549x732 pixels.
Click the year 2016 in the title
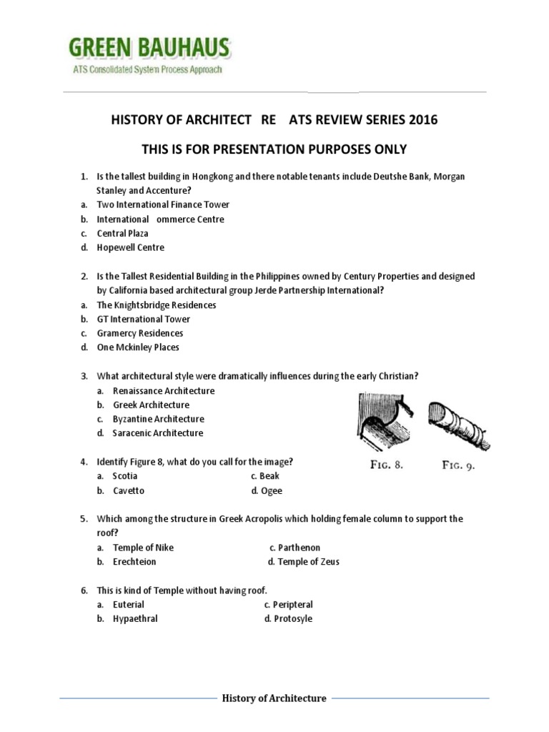point(423,120)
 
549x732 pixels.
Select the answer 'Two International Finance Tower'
point(163,204)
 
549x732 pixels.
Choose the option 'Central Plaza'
point(122,233)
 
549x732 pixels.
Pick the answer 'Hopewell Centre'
point(130,247)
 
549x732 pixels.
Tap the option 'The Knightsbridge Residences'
point(156,305)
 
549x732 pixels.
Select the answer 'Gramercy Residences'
point(139,333)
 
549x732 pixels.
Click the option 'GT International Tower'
point(144,319)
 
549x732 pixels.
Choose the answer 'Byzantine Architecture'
point(158,419)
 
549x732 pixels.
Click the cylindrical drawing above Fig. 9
point(457,422)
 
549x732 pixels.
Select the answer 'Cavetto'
point(128,490)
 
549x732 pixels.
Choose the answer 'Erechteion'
point(134,562)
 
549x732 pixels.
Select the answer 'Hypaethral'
point(135,619)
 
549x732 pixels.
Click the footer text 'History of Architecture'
point(274,698)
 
